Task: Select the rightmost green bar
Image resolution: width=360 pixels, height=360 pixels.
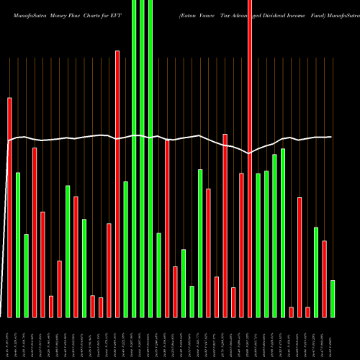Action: [333, 298]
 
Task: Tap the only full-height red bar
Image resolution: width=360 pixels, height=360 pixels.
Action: [250, 158]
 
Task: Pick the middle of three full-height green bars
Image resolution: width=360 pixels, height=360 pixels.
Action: [142, 158]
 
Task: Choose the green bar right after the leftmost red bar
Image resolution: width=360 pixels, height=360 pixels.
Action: [18, 245]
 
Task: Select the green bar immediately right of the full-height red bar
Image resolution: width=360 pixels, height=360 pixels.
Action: [258, 245]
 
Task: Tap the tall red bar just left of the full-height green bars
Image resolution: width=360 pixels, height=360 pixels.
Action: [117, 184]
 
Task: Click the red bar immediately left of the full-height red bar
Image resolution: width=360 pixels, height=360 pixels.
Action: [242, 245]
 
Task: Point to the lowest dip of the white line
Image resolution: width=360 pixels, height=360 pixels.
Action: [249, 153]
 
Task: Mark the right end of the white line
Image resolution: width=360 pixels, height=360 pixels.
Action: [331, 137]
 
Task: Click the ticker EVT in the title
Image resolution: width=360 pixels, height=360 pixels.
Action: [117, 14]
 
